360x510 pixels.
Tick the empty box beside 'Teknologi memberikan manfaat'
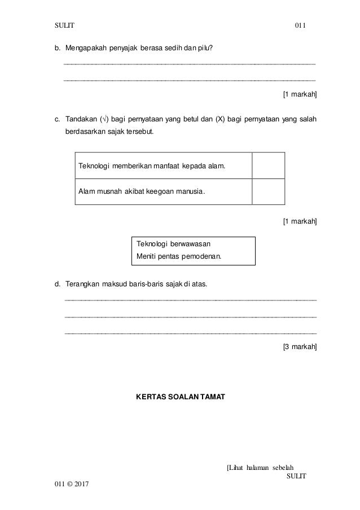(x=269, y=166)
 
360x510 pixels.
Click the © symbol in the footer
(x=67, y=485)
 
